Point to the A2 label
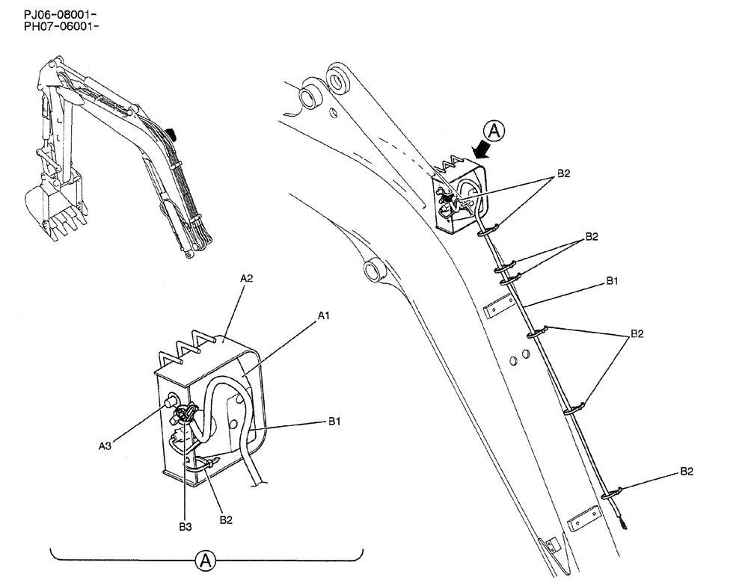tap(248, 279)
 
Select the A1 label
tap(323, 316)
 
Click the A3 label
tap(106, 446)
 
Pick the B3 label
tap(186, 527)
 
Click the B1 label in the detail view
tap(334, 422)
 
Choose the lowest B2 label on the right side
tap(687, 472)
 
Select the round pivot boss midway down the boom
tap(373, 270)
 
